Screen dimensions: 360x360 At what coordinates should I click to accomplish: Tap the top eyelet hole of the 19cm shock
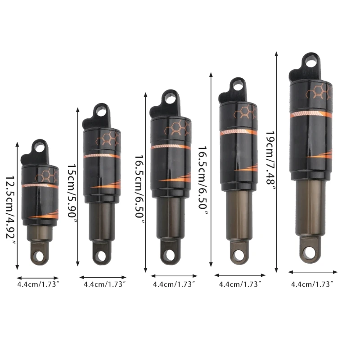pyautogui.click(x=310, y=60)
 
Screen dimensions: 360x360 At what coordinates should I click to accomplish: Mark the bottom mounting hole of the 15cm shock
pyautogui.click(x=100, y=255)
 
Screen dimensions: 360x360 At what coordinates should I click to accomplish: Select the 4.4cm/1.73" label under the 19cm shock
pyautogui.click(x=312, y=284)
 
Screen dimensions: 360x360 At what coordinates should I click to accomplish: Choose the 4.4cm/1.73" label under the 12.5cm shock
pyautogui.click(x=38, y=284)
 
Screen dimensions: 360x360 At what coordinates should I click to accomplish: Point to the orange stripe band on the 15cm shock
pyautogui.click(x=102, y=156)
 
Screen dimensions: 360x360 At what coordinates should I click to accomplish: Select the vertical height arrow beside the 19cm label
pyautogui.click(x=276, y=162)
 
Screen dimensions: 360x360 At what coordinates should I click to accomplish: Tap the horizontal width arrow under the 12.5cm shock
pyautogui.click(x=38, y=278)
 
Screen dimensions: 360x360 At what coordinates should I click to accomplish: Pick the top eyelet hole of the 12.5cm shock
pyautogui.click(x=39, y=147)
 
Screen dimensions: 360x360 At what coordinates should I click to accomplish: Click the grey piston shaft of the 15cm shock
pyautogui.click(x=102, y=220)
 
